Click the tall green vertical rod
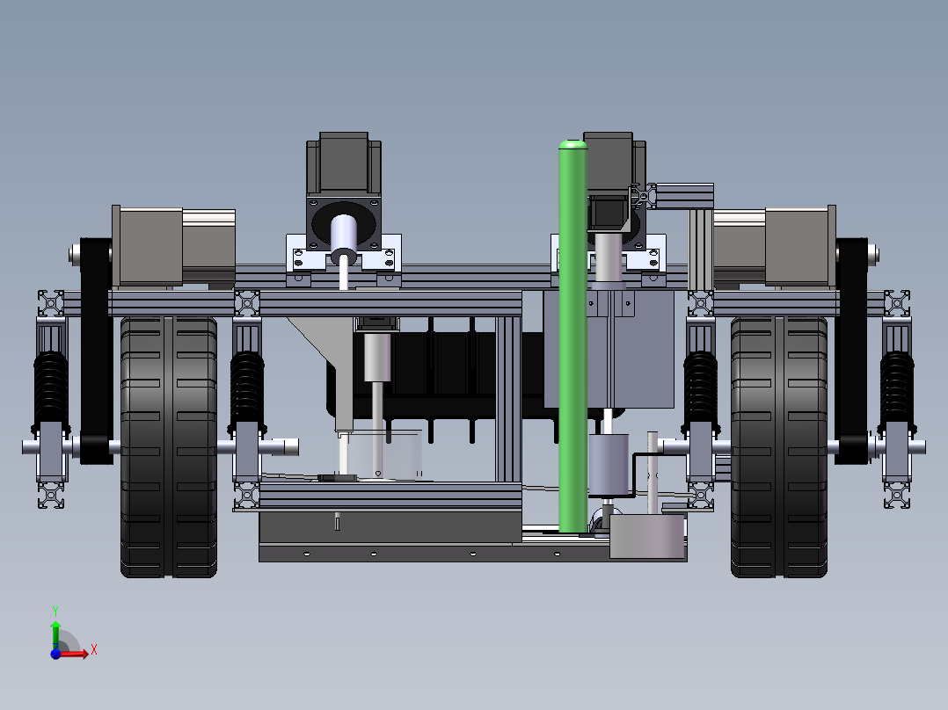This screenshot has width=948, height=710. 572,337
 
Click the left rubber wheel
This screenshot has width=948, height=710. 169,446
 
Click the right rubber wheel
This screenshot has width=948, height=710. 779,446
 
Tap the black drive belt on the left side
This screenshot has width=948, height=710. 96,351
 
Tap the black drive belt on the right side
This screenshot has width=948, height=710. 851,351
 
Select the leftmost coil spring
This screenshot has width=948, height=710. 51,390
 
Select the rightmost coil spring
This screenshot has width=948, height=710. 897,390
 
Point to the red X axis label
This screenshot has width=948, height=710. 94,650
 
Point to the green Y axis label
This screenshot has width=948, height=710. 55,611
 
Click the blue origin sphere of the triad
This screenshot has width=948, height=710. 55,654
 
